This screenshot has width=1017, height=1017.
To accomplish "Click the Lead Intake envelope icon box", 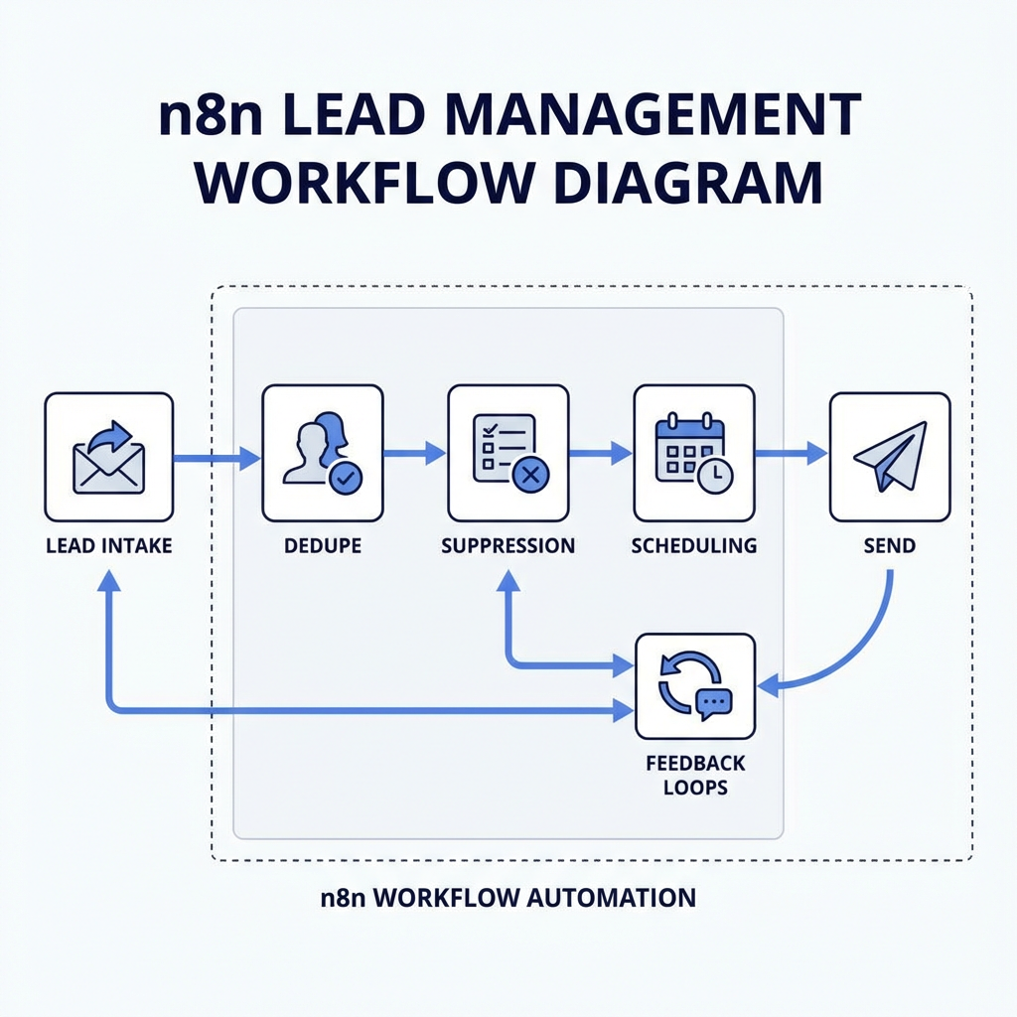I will click(x=109, y=457).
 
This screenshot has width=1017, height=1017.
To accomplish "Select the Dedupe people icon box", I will click(x=322, y=453).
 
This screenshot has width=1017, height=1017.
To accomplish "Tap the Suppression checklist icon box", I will click(x=508, y=453).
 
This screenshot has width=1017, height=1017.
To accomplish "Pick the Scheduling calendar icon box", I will click(x=693, y=453).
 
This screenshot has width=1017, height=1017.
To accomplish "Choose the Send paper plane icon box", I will click(x=890, y=457).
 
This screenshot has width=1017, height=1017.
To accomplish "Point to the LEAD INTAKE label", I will click(x=109, y=545).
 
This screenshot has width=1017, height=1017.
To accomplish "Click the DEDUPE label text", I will click(x=322, y=545).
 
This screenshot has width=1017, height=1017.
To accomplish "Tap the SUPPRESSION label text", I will click(x=508, y=545).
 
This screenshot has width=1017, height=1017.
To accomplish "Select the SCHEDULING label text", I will click(x=693, y=545).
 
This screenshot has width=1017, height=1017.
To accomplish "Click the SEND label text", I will click(x=890, y=545).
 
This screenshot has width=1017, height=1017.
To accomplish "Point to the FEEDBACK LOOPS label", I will click(x=694, y=776).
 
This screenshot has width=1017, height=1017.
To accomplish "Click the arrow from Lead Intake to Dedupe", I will click(x=217, y=458).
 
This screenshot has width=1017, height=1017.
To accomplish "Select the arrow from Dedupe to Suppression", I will click(x=414, y=454).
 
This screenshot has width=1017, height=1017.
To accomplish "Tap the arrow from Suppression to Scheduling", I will click(x=601, y=454).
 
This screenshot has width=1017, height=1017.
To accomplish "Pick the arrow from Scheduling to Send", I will click(x=791, y=454).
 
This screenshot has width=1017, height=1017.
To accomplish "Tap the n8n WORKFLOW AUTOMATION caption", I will click(x=508, y=898).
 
